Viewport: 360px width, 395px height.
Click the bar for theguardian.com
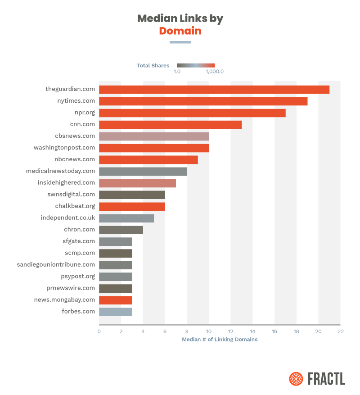tap(214, 89)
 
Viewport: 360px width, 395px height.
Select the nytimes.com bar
tap(203, 101)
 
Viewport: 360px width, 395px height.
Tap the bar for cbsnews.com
tap(153, 136)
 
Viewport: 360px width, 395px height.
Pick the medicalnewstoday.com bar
tap(143, 171)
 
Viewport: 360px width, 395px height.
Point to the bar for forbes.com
tap(115, 312)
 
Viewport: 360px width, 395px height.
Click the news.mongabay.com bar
tap(115, 300)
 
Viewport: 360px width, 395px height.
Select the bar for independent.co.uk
tap(126, 218)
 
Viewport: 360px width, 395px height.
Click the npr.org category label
tap(85, 113)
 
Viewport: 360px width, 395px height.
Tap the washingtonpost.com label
tap(64, 148)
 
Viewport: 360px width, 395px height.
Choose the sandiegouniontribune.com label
tap(56, 265)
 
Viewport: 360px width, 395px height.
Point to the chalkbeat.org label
tap(75, 206)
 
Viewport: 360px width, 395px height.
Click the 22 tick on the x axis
tap(340, 331)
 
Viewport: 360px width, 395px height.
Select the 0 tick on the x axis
tap(99, 331)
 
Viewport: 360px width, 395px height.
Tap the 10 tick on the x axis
tap(208, 331)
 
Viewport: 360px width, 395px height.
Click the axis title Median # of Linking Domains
tap(220, 340)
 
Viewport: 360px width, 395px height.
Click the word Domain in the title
tap(180, 31)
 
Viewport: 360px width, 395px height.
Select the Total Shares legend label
tap(153, 66)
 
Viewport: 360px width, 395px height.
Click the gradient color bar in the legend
tap(196, 65)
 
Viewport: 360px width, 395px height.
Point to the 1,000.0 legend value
tap(215, 72)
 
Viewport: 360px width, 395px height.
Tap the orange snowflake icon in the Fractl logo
tap(296, 378)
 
